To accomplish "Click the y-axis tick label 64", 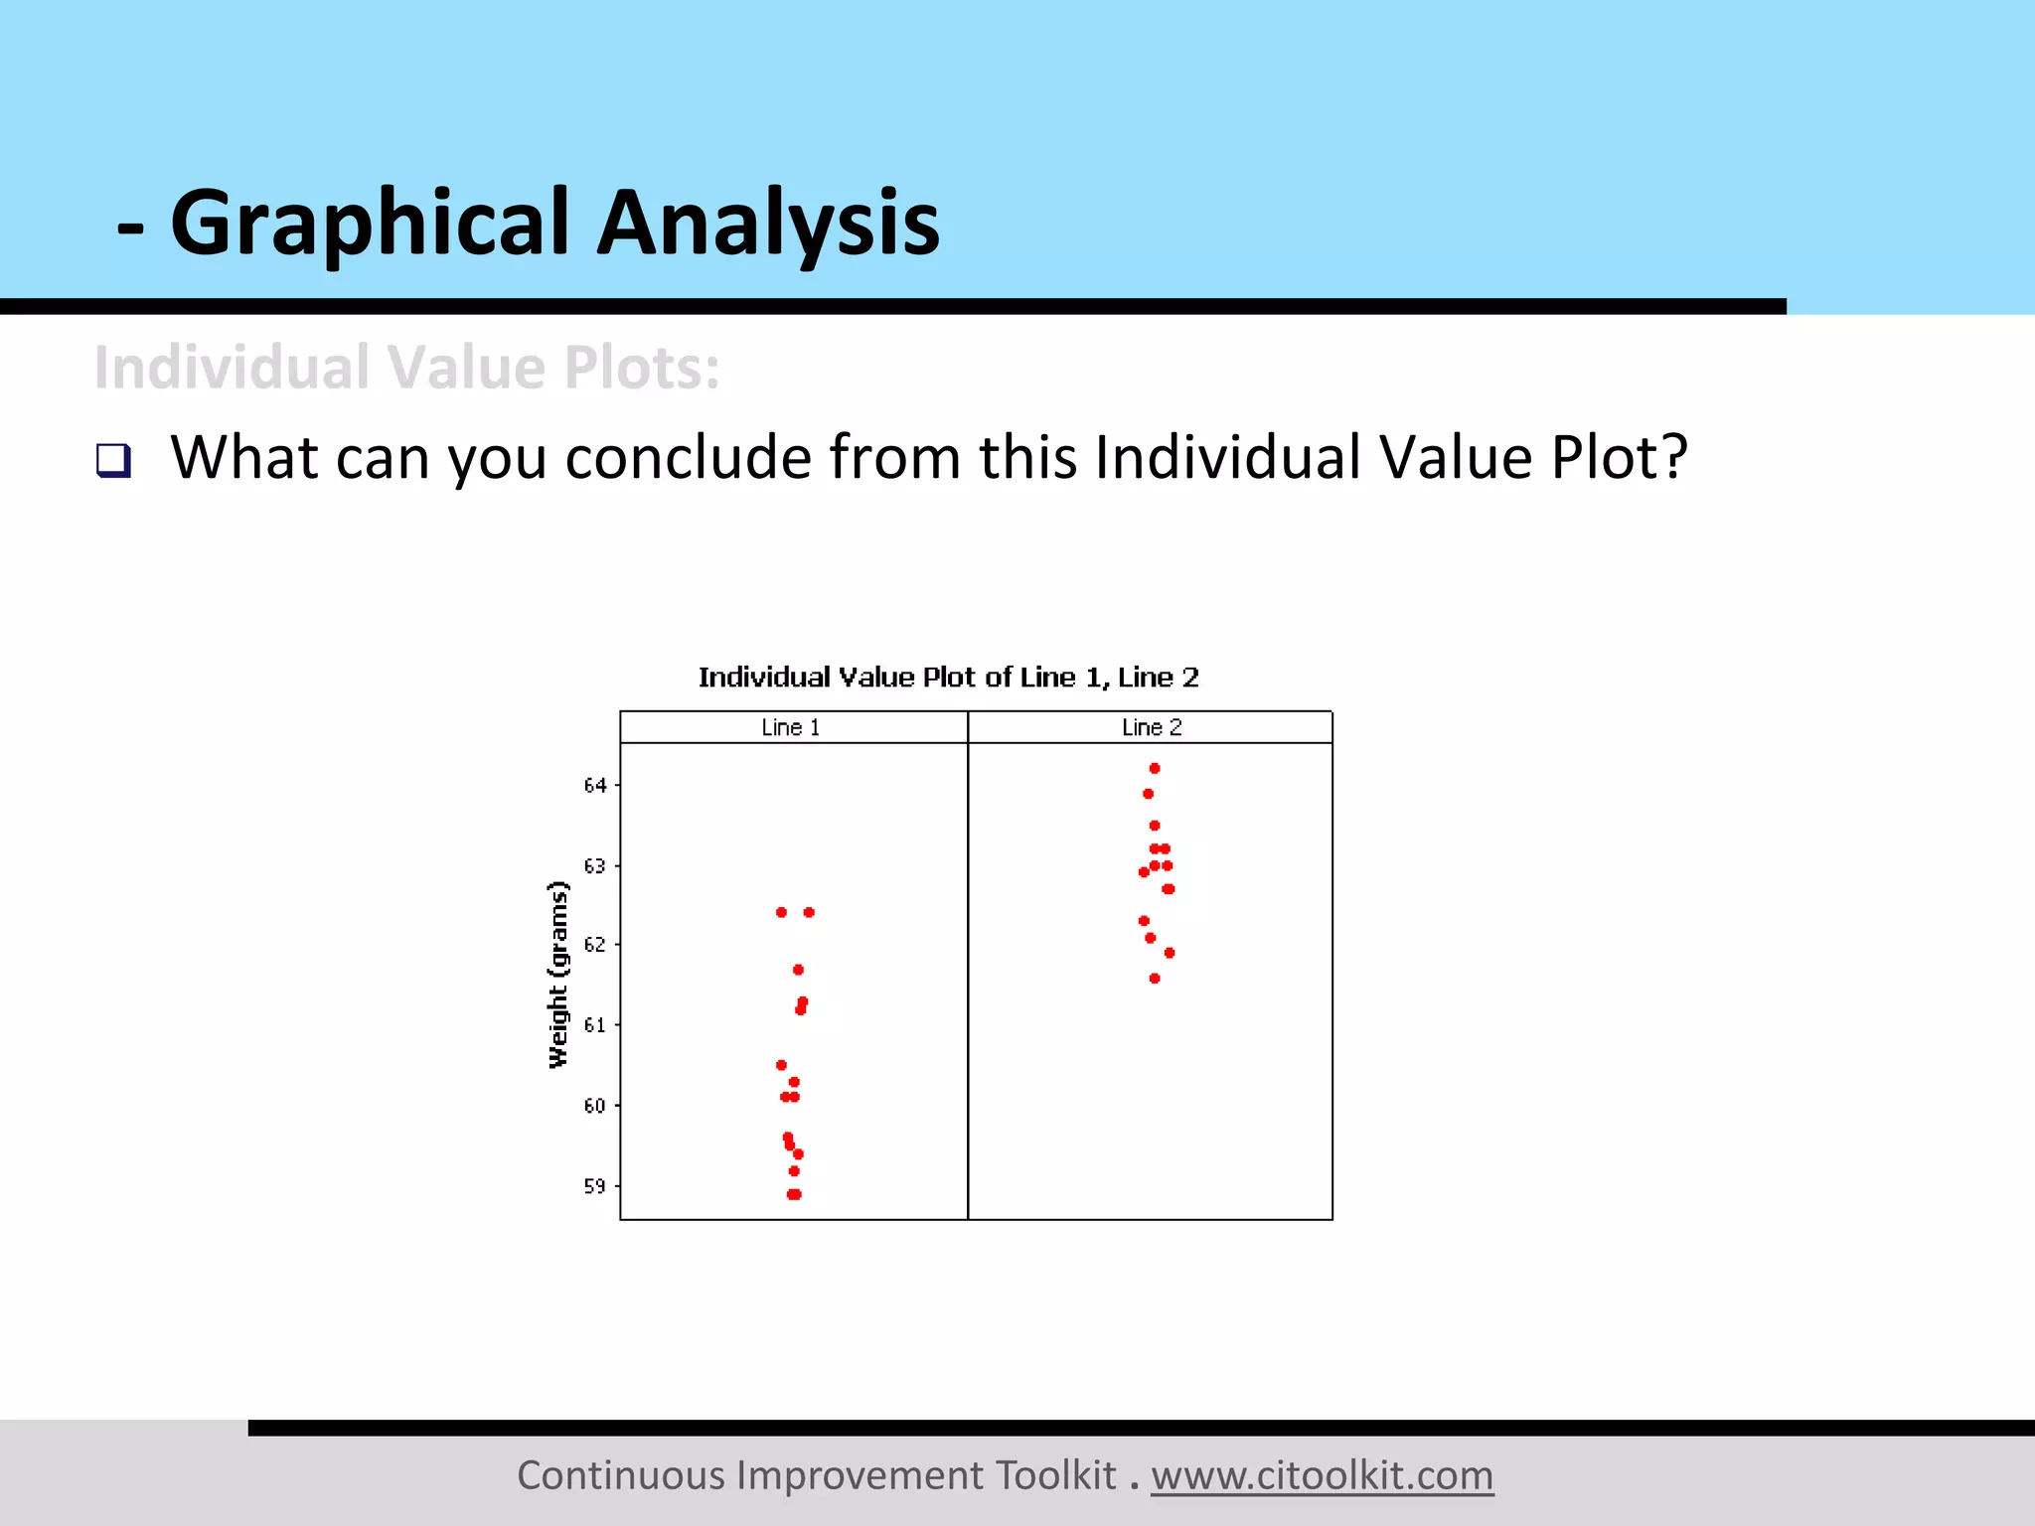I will tap(594, 786).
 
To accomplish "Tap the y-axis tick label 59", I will tap(594, 1186).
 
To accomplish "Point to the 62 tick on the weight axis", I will tap(594, 945).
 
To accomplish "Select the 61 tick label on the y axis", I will tap(594, 1025).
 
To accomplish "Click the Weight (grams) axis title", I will tap(558, 975).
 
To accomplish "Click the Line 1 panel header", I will tap(791, 727).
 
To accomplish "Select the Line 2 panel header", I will tap(1152, 727).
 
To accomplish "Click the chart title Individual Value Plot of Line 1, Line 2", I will tap(948, 678).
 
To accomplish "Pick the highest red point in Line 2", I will tap(1155, 768).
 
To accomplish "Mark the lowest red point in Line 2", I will tap(1155, 979).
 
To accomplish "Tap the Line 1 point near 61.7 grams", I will tap(798, 970).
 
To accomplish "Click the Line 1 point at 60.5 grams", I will tap(781, 1065).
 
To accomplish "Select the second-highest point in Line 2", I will tap(1148, 794).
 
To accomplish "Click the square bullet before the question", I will tap(113, 460).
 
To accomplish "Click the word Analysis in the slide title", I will tap(767, 223).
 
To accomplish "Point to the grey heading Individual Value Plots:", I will tap(406, 368).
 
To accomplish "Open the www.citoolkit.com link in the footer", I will tap(1322, 1475).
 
